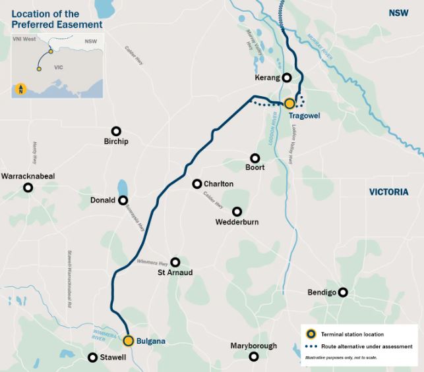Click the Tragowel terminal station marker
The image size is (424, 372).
[289, 103]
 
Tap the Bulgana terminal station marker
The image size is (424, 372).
[129, 340]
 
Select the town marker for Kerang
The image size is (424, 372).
[287, 77]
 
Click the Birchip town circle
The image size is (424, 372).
[116, 131]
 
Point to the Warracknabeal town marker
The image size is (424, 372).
[28, 188]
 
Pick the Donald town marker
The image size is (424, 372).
[123, 200]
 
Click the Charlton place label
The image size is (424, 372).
[218, 184]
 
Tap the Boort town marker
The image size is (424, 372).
[255, 157]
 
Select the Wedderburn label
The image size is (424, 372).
[237, 222]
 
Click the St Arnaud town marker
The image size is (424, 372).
[175, 261]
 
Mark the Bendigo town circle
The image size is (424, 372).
[343, 292]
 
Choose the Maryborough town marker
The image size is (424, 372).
[254, 356]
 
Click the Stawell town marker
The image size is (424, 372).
[92, 357]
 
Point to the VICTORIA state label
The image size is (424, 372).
[389, 192]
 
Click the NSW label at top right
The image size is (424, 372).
[398, 13]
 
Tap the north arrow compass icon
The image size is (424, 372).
[21, 88]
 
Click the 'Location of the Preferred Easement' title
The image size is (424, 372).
[57, 19]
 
